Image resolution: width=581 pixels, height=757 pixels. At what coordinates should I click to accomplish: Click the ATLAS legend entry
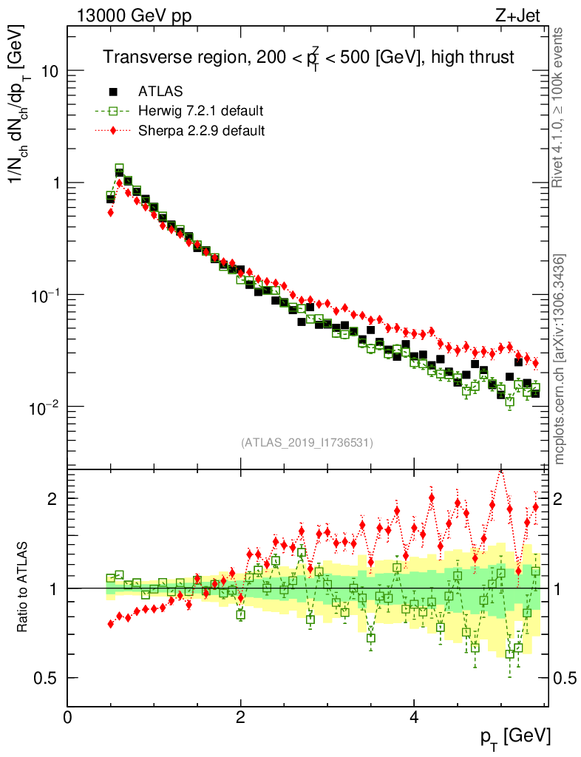(x=160, y=92)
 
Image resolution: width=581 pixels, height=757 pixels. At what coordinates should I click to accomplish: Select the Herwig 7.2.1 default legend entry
(x=200, y=112)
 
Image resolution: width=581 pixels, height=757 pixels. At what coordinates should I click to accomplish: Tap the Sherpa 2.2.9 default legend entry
(x=201, y=131)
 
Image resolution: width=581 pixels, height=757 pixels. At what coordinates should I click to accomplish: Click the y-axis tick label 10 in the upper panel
(x=51, y=72)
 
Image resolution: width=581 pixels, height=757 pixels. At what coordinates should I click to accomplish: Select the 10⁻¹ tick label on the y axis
(x=46, y=295)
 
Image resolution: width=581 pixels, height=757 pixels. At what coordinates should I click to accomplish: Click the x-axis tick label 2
(x=241, y=716)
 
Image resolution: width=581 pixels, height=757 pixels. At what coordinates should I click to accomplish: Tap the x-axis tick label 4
(x=414, y=716)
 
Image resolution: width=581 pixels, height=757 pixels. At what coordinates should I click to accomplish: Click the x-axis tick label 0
(x=68, y=716)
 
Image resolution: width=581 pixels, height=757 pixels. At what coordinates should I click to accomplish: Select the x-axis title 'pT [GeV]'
(x=514, y=736)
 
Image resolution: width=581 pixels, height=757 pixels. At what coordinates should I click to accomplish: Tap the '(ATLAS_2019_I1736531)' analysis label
(x=307, y=443)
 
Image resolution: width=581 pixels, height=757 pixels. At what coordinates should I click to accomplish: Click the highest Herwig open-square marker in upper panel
(x=119, y=169)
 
